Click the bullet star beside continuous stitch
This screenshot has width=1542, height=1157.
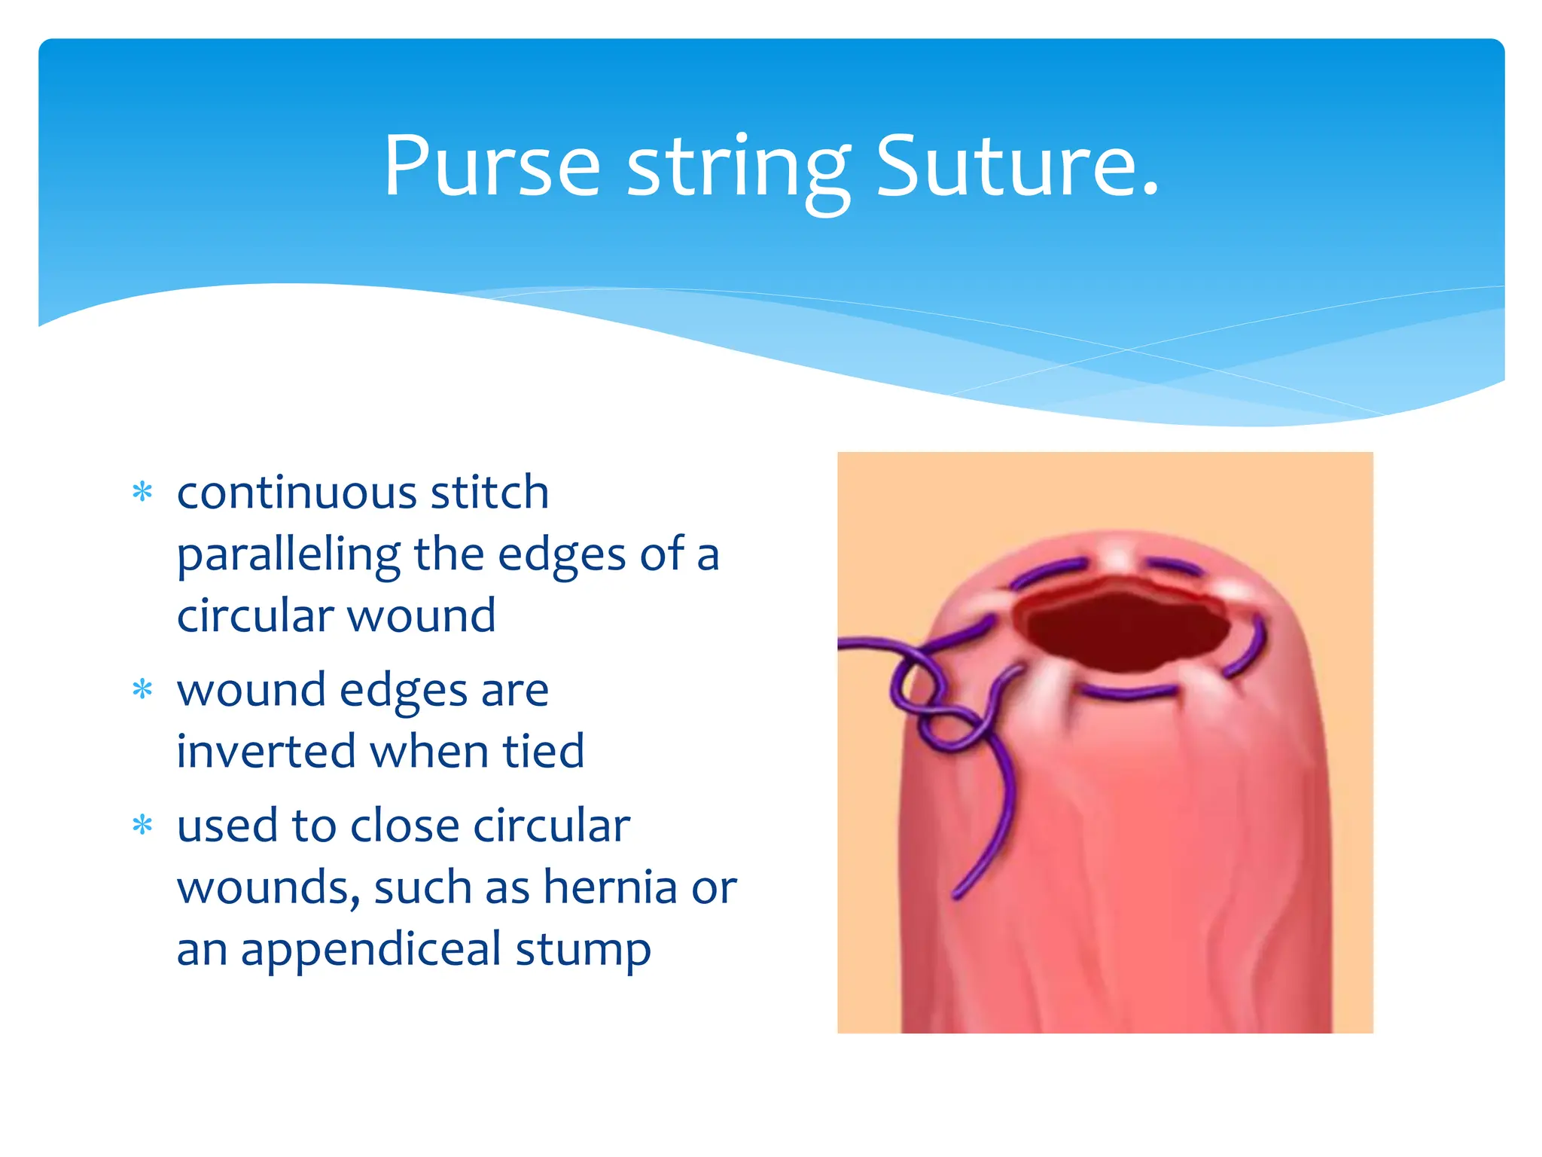142,493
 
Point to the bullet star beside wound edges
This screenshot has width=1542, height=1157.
142,690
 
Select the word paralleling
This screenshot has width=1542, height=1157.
288,556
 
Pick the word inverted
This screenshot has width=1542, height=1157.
266,751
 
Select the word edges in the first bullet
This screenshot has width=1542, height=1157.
562,556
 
